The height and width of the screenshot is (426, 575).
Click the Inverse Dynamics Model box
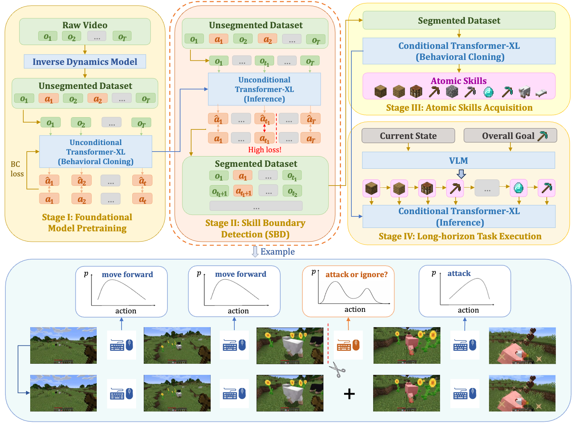[x=85, y=61]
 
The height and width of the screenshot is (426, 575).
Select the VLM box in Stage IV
[x=458, y=160]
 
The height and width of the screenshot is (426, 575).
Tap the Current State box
[x=408, y=136]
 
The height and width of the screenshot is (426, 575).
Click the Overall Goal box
[x=510, y=136]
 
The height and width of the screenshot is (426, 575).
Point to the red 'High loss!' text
[x=265, y=150]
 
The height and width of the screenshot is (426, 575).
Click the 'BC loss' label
[x=17, y=169]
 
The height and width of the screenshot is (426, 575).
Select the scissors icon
[x=337, y=370]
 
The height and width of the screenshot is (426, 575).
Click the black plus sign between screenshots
[x=349, y=394]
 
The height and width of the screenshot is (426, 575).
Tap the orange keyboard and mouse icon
[x=348, y=345]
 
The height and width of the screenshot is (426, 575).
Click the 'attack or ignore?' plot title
[x=356, y=274]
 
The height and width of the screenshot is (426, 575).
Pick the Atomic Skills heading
[x=458, y=81]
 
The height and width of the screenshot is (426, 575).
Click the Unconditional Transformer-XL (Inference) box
[x=264, y=89]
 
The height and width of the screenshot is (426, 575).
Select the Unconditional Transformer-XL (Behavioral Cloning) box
[x=96, y=152]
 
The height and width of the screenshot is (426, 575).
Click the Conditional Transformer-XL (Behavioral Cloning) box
[x=459, y=51]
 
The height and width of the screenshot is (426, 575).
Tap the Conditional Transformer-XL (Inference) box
[x=459, y=216]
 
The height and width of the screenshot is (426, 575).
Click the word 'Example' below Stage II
[x=278, y=252]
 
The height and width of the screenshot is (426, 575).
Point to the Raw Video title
[x=85, y=25]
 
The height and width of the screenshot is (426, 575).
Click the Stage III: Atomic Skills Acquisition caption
[x=459, y=108]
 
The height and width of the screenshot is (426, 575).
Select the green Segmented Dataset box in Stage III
[x=459, y=20]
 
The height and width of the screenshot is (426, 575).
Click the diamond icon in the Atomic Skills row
[x=489, y=92]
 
